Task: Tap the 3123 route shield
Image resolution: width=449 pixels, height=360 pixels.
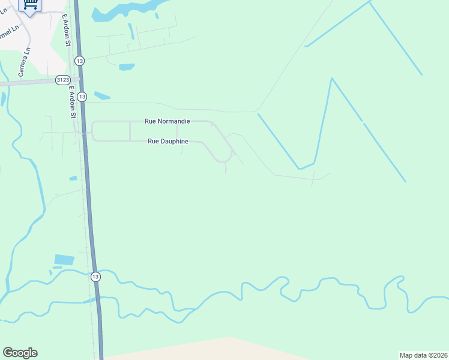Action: click(62, 79)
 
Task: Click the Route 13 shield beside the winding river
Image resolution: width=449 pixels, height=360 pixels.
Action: click(95, 277)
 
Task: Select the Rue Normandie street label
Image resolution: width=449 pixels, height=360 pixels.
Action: click(167, 121)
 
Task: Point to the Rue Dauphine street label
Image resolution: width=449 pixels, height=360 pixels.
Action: click(168, 142)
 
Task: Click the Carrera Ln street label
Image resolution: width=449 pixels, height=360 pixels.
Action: click(25, 62)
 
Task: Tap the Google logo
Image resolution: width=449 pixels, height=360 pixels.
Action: click(20, 353)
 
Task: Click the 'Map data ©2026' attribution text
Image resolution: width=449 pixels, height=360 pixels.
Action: click(423, 355)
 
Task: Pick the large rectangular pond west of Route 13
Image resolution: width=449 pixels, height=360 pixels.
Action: click(64, 260)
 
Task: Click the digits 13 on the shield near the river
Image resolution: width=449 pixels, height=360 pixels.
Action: click(95, 277)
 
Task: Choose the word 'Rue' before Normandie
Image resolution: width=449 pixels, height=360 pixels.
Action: click(151, 121)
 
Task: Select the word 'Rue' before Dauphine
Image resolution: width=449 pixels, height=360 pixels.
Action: click(154, 142)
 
